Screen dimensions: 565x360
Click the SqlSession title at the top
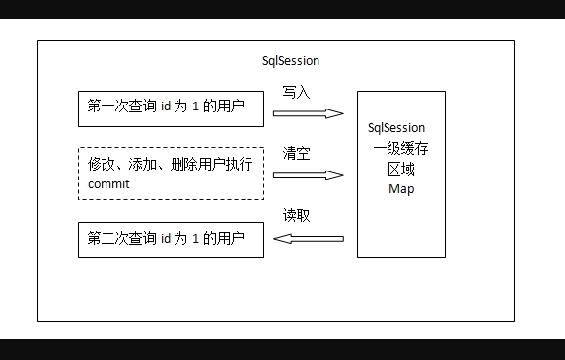pos(291,61)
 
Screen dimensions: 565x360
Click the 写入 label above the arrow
pos(296,93)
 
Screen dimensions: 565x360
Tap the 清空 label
pos(296,154)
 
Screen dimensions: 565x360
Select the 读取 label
pos(296,215)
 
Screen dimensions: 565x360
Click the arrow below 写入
pos(309,113)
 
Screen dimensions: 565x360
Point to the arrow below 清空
pos(309,175)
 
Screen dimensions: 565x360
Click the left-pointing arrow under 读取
pos(309,239)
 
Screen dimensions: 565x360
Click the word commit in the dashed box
pos(108,184)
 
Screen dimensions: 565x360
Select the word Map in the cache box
pos(401,188)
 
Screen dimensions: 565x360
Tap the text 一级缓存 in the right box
pos(400,148)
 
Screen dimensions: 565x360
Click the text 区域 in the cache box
pos(401,169)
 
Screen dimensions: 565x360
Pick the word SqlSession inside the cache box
pos(396,128)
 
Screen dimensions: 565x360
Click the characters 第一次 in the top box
pos(107,106)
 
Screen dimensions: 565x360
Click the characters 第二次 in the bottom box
pos(107,238)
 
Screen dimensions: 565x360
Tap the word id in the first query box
pos(166,106)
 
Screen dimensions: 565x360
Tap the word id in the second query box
pos(166,238)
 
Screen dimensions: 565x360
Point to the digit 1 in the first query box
pos(195,107)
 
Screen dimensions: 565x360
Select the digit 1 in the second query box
pos(195,239)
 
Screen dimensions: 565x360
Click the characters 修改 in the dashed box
pos(101,164)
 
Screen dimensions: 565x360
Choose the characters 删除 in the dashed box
pos(184,164)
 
